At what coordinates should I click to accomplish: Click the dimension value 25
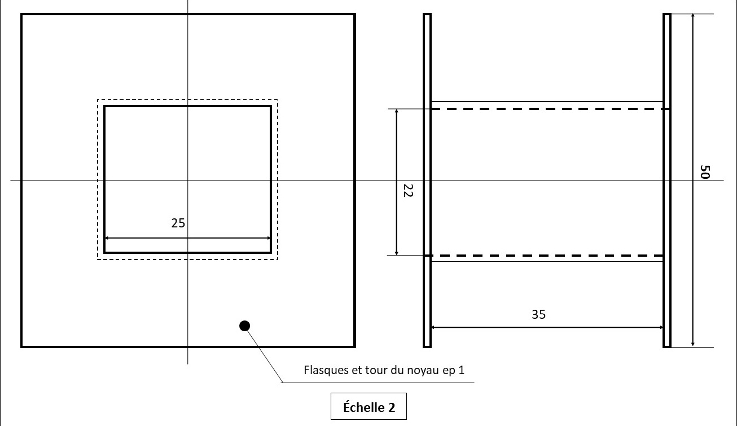click(x=178, y=223)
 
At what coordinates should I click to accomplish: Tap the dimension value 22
click(x=408, y=191)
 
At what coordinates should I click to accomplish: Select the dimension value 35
click(x=538, y=314)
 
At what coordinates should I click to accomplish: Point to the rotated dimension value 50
click(x=704, y=172)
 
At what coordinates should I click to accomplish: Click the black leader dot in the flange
click(x=244, y=326)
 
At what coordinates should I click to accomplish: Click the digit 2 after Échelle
click(x=392, y=408)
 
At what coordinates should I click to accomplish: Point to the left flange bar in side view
click(x=427, y=181)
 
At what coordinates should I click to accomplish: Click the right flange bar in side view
click(x=667, y=181)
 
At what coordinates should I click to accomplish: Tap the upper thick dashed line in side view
click(x=550, y=108)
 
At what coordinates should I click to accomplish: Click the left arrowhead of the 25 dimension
click(x=106, y=238)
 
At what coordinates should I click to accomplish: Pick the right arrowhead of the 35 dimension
click(x=661, y=327)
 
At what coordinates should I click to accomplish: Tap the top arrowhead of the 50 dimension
click(x=692, y=16)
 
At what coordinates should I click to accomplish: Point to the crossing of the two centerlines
click(x=188, y=181)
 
